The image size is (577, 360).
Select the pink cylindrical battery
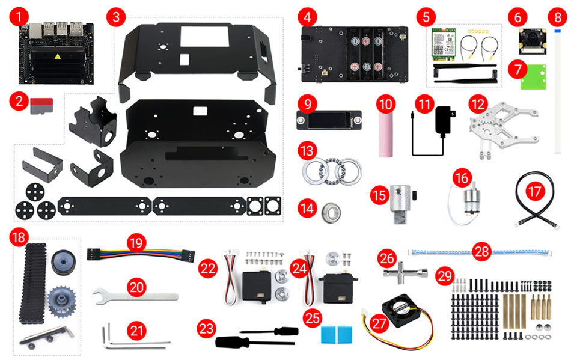click(x=384, y=133)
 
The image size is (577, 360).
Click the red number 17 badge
click(x=534, y=191)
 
